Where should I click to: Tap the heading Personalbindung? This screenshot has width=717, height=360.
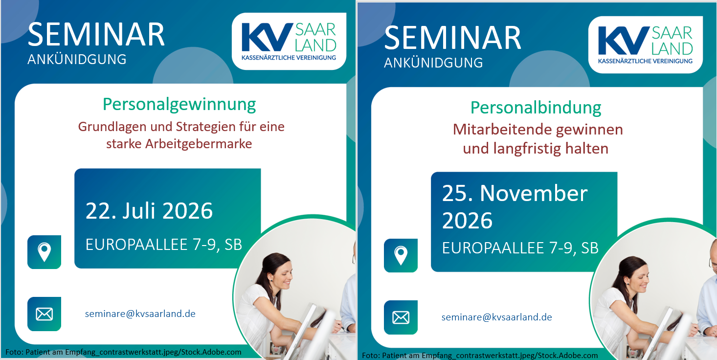(x=536, y=108)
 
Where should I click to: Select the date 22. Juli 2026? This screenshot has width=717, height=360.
(x=149, y=211)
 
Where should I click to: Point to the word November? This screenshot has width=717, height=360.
(x=534, y=193)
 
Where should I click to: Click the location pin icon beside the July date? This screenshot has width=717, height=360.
(x=44, y=252)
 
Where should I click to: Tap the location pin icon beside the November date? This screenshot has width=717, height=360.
(x=401, y=256)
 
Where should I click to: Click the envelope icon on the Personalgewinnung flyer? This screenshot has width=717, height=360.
(x=44, y=314)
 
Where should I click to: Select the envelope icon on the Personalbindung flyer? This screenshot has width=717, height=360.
(x=401, y=317)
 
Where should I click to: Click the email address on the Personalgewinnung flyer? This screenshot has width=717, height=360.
(x=140, y=314)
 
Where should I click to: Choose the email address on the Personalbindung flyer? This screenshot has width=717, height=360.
(x=497, y=317)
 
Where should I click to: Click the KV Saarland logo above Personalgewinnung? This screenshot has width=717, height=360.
(x=289, y=41)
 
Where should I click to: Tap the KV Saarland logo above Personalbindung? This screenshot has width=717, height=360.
(x=646, y=45)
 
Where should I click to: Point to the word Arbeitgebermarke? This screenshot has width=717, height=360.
(x=199, y=144)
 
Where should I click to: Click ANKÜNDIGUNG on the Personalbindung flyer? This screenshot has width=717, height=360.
(x=433, y=63)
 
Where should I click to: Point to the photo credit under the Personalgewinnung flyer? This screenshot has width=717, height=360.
(x=123, y=352)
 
